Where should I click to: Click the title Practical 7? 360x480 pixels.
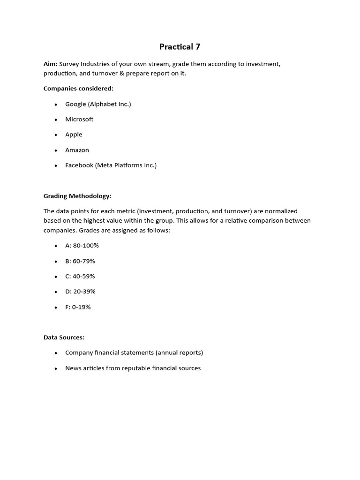point(180,46)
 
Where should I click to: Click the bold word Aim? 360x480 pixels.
point(51,64)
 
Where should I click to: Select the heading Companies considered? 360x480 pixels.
point(78,88)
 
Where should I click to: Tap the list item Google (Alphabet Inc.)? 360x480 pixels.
point(98,104)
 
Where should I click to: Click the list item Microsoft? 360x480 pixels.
point(79,119)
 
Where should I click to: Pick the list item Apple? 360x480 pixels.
point(74,135)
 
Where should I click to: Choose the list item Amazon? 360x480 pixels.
point(77,150)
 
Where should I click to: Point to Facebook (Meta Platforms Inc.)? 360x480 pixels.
point(111,165)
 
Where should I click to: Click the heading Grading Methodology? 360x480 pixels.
point(77,196)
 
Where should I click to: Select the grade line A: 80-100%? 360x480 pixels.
point(82,246)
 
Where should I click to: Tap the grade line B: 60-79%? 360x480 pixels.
point(80,261)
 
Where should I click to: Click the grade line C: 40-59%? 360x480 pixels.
point(80,276)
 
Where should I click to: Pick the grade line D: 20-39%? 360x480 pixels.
point(80,292)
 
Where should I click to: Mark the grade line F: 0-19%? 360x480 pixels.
point(78,307)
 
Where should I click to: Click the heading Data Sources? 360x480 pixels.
point(64,337)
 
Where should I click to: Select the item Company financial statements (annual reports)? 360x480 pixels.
point(134,352)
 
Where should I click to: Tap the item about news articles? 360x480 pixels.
point(133,368)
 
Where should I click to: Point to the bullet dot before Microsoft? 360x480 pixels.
point(56,120)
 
